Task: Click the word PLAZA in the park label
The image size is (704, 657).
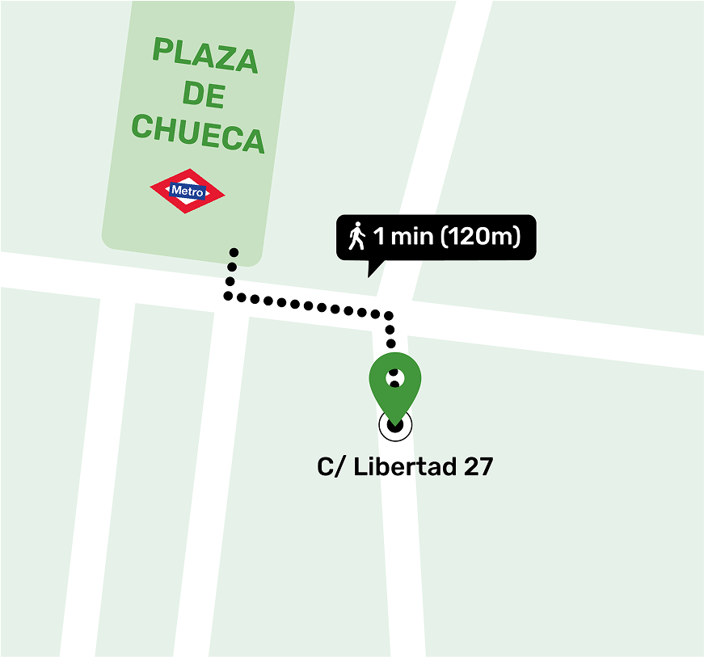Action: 205,56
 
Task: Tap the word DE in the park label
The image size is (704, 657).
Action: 203,95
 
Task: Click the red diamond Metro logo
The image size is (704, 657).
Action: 188,191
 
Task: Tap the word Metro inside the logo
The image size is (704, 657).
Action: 188,192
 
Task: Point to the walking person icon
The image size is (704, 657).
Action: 356,237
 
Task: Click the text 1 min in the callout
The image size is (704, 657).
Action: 401,238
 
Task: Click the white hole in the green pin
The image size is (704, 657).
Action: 395,377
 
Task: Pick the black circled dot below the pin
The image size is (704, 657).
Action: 395,425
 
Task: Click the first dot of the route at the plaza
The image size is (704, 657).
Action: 234,252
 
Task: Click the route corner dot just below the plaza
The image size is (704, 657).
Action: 230,296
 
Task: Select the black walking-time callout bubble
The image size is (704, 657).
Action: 436,238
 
